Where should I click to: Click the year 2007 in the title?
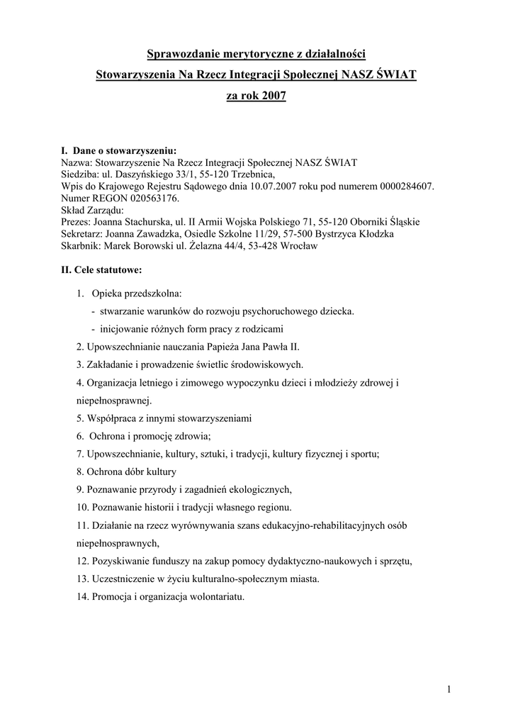(273, 94)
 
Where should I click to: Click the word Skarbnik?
(81, 246)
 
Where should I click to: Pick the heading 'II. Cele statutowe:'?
(102, 270)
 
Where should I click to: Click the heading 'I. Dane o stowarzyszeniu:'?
(119, 150)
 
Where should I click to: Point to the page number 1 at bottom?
(449, 689)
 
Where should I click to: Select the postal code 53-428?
(264, 246)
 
